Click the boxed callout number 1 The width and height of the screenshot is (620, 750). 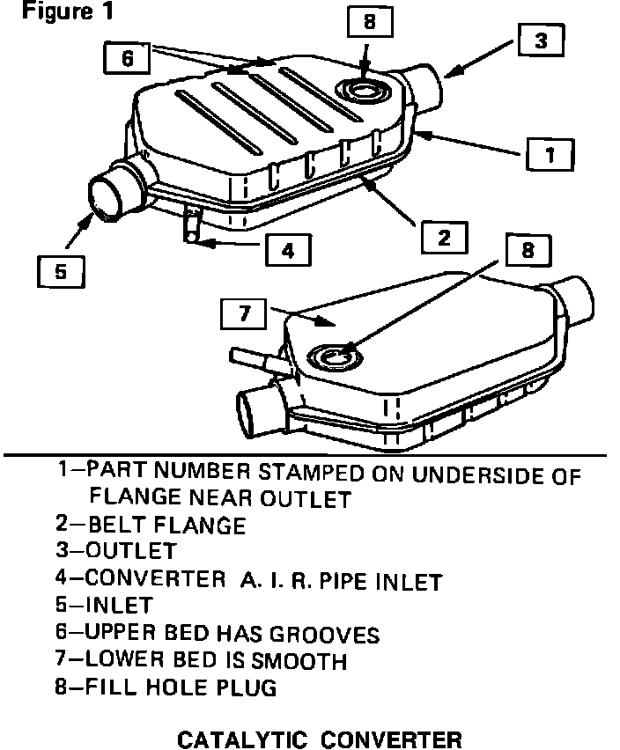pos(550,156)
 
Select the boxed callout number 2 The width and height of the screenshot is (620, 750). pos(443,237)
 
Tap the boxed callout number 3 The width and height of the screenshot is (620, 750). pos(540,40)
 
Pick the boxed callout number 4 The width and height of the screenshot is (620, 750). pos(287,250)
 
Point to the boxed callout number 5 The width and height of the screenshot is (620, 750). pos(61,271)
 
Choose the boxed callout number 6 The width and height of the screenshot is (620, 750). pos(128,58)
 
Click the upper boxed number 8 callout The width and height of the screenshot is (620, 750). pos(369,22)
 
